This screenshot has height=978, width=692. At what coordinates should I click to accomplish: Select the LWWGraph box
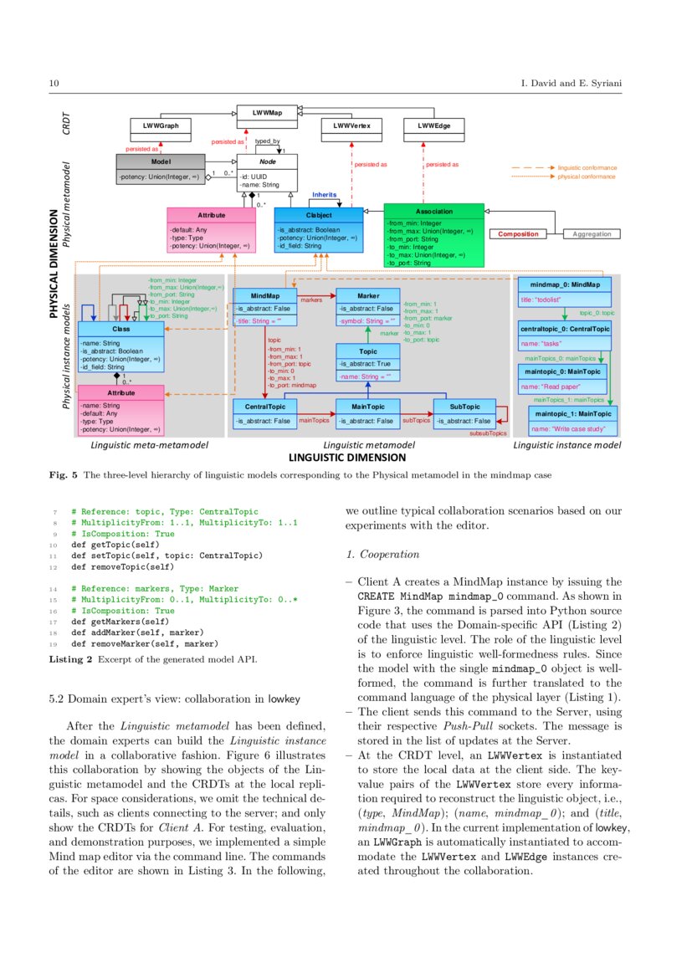click(161, 125)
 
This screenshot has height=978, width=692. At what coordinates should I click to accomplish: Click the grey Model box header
click(161, 160)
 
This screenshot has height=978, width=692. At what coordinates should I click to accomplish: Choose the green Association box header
click(433, 211)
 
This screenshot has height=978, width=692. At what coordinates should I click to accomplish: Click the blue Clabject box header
click(318, 215)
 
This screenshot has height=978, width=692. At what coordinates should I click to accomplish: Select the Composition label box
click(519, 234)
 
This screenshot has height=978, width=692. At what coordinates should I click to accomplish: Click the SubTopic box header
click(464, 406)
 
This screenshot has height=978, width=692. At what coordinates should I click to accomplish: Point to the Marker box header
click(367, 295)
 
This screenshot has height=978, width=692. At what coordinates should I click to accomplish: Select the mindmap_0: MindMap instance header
click(565, 284)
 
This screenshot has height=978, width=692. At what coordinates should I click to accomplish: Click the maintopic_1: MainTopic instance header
click(574, 413)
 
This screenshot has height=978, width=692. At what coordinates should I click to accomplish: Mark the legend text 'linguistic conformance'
click(587, 167)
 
